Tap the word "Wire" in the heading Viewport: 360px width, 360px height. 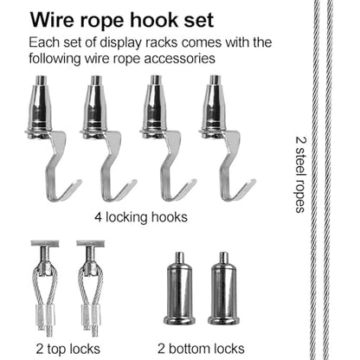pos(52,20)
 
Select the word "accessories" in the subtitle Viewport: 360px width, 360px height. pos(179,58)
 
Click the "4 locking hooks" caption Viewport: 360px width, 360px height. pos(141,217)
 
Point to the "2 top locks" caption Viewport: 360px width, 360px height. pos(68,349)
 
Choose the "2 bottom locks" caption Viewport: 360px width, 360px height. pos(201,349)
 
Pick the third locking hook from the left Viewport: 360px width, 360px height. pos(167,138)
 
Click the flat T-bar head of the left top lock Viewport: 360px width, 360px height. pos(45,244)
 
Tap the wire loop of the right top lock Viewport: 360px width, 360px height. pos(90,286)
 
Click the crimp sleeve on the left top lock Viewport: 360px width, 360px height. pos(45,315)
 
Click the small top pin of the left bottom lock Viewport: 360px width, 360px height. pos(180,258)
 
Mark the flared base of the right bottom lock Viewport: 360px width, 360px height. pos(223,320)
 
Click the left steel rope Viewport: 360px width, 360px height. pos(316,180)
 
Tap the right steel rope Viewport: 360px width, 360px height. pos(329,180)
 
